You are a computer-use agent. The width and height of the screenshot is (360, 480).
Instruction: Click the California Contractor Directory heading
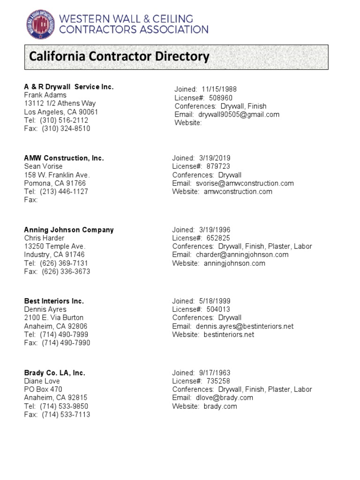(x=119, y=57)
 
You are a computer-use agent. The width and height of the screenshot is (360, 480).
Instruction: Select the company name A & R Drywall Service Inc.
(x=69, y=87)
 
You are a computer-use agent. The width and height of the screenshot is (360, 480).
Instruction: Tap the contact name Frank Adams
(x=45, y=95)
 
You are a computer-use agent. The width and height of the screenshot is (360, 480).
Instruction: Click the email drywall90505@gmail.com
(x=239, y=114)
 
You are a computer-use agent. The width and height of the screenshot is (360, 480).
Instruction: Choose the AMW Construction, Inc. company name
(x=64, y=158)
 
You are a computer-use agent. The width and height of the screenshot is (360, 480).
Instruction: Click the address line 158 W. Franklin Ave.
(x=57, y=175)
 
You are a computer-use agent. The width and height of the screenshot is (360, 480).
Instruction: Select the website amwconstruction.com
(x=238, y=191)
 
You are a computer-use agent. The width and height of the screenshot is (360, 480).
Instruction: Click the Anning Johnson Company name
(x=69, y=230)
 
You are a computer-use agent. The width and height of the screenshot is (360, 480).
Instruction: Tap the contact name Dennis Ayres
(x=45, y=309)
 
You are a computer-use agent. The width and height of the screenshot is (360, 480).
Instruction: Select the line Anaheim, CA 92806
(x=56, y=326)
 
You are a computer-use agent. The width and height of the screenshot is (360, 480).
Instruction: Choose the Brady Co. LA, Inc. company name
(x=55, y=373)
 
